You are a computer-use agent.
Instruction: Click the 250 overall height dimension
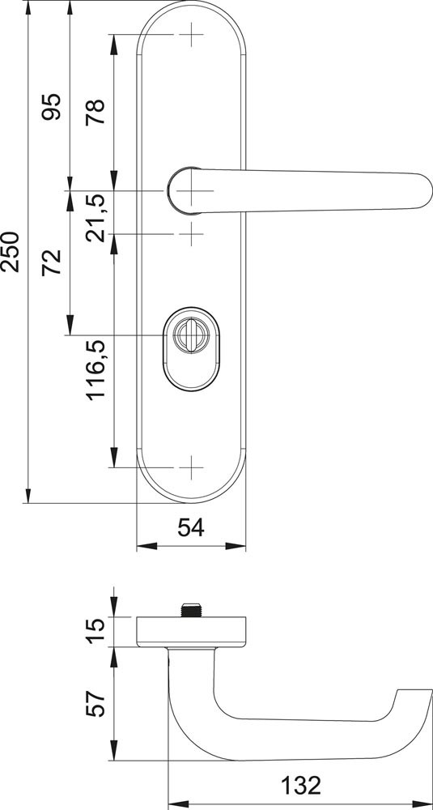click(11, 252)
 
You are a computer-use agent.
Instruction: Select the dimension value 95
click(51, 106)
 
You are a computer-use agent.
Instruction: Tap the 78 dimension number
click(95, 111)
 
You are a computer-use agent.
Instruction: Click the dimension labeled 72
click(51, 262)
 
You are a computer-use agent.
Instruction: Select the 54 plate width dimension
click(191, 528)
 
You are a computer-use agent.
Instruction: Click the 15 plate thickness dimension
click(95, 631)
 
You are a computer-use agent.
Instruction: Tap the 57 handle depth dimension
click(95, 704)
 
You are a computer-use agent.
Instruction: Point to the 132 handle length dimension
click(300, 786)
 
